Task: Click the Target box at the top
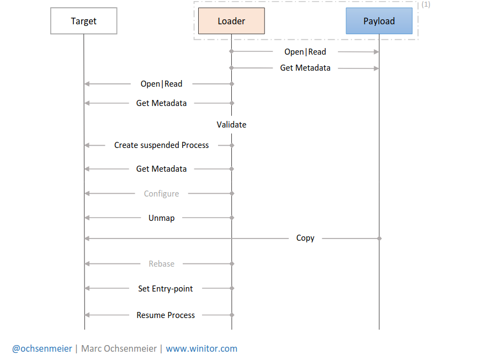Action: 83,21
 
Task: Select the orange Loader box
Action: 231,21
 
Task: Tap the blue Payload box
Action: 379,21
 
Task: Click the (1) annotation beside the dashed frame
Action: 426,4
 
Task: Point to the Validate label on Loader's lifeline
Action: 231,125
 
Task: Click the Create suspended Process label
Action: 161,145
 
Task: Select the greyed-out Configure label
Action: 161,194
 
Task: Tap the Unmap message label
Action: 161,218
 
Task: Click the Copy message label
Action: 305,238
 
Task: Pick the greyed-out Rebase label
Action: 161,264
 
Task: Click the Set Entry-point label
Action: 165,288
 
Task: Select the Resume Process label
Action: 166,315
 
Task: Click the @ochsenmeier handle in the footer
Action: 42,348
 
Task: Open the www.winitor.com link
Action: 201,348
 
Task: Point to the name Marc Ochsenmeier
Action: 119,348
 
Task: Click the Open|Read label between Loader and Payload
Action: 305,52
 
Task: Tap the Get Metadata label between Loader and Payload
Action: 305,68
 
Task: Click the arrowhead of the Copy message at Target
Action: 86,238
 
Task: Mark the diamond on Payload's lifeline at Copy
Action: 379,238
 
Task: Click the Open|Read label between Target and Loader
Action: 161,84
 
